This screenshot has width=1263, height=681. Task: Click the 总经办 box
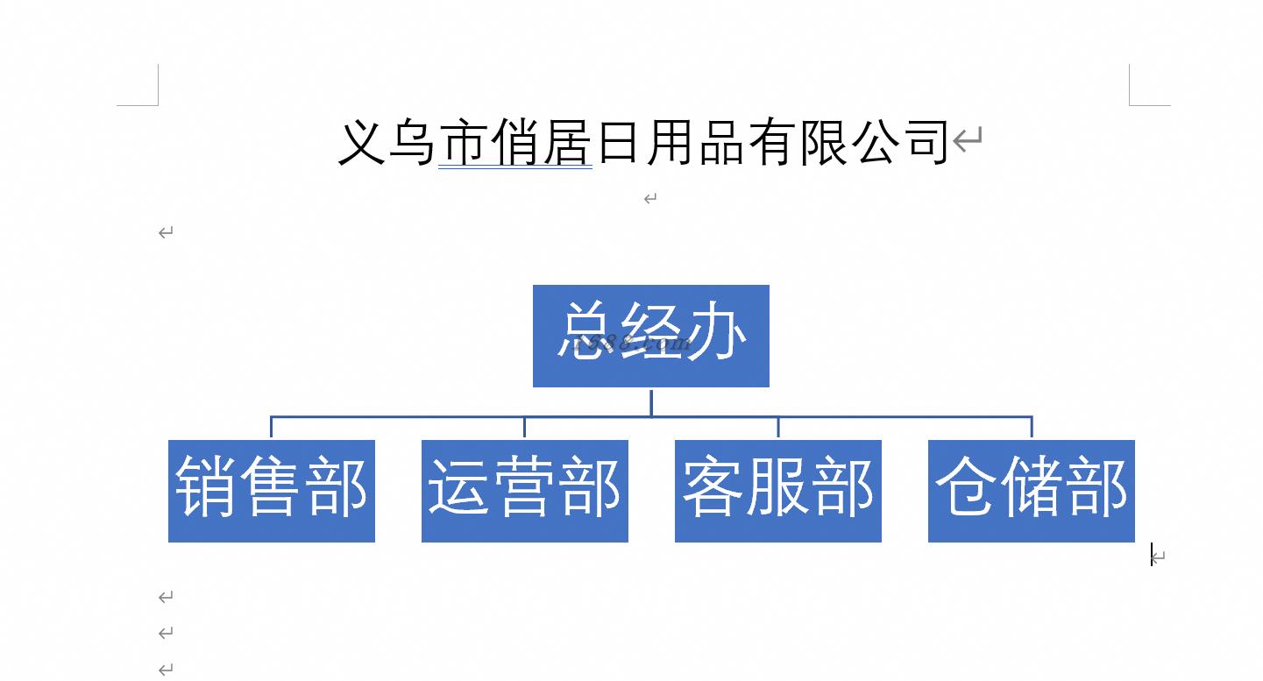click(650, 336)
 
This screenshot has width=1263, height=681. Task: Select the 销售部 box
click(271, 491)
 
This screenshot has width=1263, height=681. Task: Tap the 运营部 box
click(525, 491)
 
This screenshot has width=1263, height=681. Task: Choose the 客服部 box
click(778, 491)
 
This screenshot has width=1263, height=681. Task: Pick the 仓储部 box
click(1032, 491)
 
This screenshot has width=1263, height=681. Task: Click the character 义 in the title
click(361, 142)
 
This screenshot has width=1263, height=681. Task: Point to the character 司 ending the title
click(926, 142)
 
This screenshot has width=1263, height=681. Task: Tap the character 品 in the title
click(721, 142)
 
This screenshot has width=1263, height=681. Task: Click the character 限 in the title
click(824, 142)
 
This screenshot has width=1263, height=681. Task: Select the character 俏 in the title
click(514, 142)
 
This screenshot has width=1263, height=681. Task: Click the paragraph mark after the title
click(968, 139)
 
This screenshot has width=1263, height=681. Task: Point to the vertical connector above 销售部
click(271, 427)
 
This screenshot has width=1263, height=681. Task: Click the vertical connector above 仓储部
click(1032, 427)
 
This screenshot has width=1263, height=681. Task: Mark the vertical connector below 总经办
click(651, 403)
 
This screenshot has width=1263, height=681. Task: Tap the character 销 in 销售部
click(205, 486)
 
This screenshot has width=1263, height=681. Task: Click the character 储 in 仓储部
click(1032, 486)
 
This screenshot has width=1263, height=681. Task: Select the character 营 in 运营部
click(525, 486)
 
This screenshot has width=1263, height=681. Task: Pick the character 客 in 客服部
click(712, 486)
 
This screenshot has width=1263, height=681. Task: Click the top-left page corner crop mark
click(158, 105)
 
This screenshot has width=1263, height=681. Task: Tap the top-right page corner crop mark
click(1130, 105)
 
